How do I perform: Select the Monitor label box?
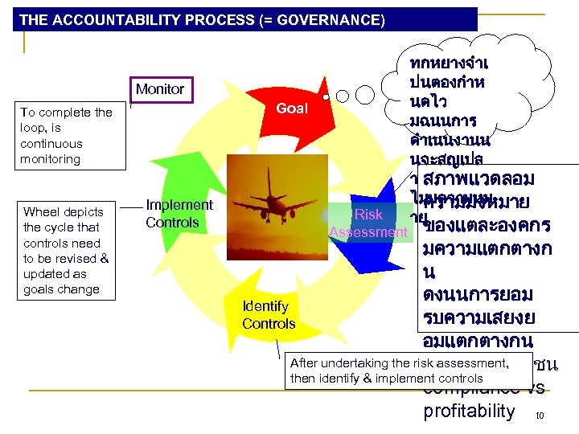pyautogui.click(x=160, y=89)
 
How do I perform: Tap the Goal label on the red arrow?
pyautogui.click(x=292, y=108)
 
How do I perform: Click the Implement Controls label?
pyautogui.click(x=179, y=213)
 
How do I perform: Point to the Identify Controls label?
pyautogui.click(x=269, y=315)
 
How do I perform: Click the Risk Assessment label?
pyautogui.click(x=368, y=223)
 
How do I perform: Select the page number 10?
pyautogui.click(x=540, y=416)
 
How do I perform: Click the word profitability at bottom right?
pyautogui.click(x=468, y=411)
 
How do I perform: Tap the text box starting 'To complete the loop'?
pyautogui.click(x=67, y=136)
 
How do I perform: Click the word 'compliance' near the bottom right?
pyautogui.click(x=462, y=389)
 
